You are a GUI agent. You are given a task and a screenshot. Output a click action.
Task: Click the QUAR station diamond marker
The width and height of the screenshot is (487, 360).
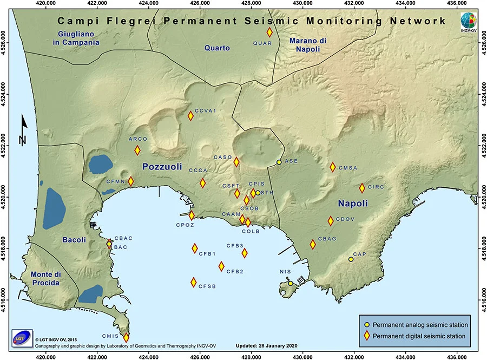coord(269,32)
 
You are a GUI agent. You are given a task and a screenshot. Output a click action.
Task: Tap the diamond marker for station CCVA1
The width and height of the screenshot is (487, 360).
coord(190,115)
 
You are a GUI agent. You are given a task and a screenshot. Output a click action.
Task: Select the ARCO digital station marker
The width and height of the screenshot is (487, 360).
coord(137,150)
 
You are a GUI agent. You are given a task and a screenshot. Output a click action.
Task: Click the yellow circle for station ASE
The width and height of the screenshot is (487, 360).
coord(279,162)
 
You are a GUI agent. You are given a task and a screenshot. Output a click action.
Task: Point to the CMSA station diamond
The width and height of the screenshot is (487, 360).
coord(333,167)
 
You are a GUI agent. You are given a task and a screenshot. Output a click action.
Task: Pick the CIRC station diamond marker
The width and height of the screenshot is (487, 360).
coord(362,188)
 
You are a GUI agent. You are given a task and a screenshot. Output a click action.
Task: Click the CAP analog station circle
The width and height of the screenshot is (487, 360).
coord(351,259)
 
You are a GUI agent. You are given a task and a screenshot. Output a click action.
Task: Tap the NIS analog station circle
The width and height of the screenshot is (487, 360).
coord(291,283)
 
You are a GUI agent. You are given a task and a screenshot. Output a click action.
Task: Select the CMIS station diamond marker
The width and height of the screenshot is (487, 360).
coord(127,337)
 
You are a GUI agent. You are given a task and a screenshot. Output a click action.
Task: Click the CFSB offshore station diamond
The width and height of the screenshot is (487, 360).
coord(193,282)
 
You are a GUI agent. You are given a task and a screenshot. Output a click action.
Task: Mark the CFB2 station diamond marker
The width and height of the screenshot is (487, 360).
coord(221,266)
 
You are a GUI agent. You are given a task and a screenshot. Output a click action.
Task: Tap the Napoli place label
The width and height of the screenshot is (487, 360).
coord(353,204)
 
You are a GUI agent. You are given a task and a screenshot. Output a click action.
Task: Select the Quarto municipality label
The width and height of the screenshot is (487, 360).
coord(217,48)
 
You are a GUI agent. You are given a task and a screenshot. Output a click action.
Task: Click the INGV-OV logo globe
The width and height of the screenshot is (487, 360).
coord(470,19)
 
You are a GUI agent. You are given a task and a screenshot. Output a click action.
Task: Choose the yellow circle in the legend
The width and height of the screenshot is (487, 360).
coord(367,325)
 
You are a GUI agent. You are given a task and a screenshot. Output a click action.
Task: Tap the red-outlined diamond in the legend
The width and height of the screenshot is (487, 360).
coord(367,336)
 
